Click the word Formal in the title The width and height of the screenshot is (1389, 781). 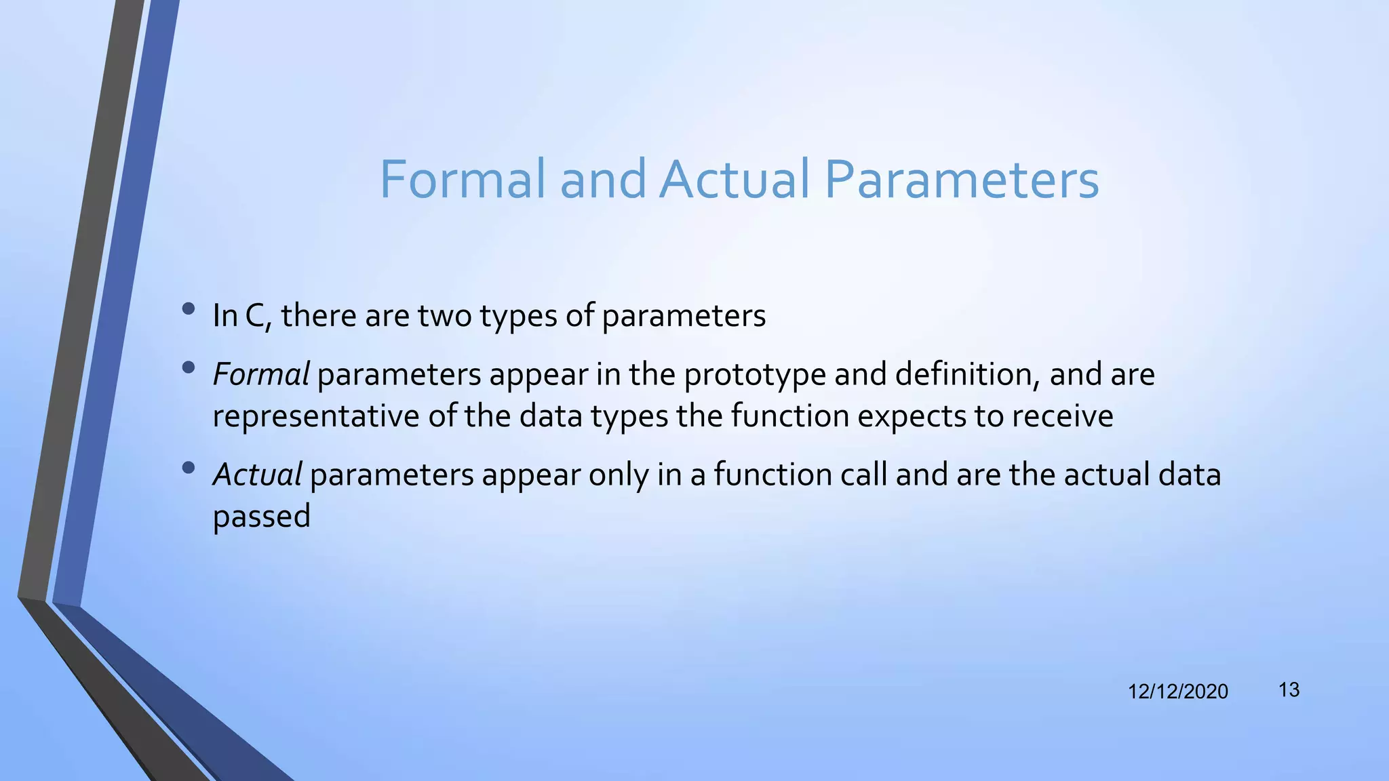[x=462, y=180]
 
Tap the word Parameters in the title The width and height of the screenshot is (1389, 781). [x=961, y=180]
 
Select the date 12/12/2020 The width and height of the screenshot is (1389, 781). [x=1177, y=692]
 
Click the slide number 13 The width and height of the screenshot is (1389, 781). [x=1289, y=690]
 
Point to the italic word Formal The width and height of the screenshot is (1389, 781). [x=261, y=374]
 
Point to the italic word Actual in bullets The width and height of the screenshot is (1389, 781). [x=257, y=475]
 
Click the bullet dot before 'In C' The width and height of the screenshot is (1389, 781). [x=189, y=310]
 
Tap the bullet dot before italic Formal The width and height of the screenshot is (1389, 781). [x=189, y=368]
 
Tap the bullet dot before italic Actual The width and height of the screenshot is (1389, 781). [x=189, y=468]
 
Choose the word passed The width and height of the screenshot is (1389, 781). [x=261, y=517]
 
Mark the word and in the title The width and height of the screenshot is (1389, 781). [x=603, y=180]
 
